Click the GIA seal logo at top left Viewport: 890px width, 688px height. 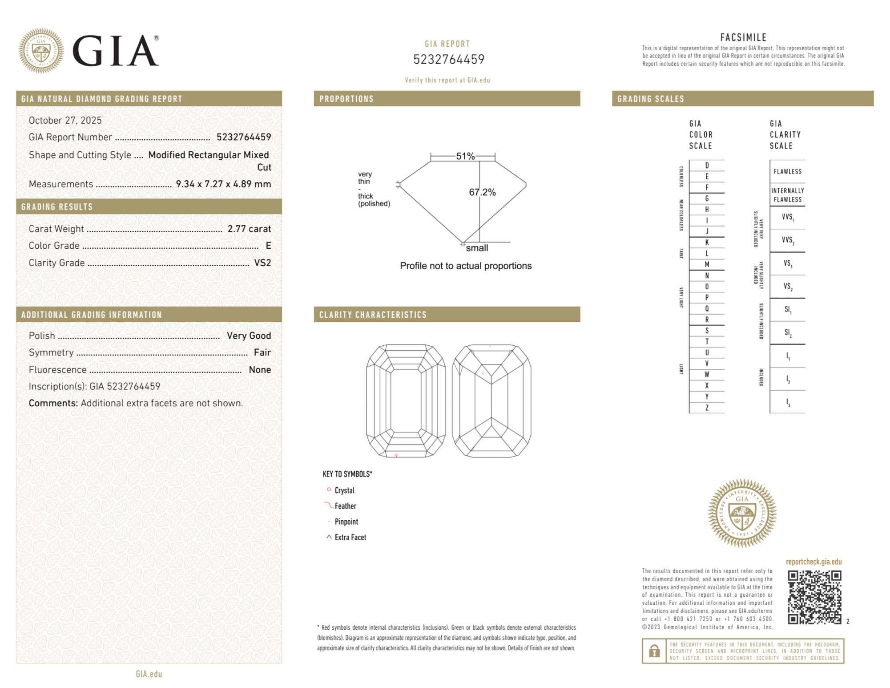[x=41, y=51]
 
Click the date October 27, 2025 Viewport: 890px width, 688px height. [x=65, y=120]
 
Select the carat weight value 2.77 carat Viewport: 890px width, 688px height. [x=249, y=229]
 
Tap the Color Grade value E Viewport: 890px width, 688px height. [x=268, y=246]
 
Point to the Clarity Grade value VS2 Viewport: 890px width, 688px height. [x=262, y=263]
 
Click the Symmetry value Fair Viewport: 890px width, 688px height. [x=262, y=352]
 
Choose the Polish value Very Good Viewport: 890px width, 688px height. [x=249, y=336]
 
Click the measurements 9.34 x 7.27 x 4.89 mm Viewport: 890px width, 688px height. [x=223, y=184]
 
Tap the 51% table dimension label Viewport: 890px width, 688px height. [x=465, y=156]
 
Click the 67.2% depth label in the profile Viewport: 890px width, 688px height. [x=482, y=192]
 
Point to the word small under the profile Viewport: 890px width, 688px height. [x=477, y=248]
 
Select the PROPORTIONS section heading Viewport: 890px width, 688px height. [x=346, y=99]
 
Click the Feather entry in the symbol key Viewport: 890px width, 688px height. [x=345, y=506]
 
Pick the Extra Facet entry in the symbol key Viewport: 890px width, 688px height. [x=350, y=537]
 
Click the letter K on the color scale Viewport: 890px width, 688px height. [x=707, y=243]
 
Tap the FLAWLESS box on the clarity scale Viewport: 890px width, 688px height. [x=787, y=172]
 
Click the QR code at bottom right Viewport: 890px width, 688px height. [x=814, y=597]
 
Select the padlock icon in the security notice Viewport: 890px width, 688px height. [x=654, y=651]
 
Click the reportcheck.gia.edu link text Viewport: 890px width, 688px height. [x=813, y=562]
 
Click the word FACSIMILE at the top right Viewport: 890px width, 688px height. [x=743, y=38]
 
